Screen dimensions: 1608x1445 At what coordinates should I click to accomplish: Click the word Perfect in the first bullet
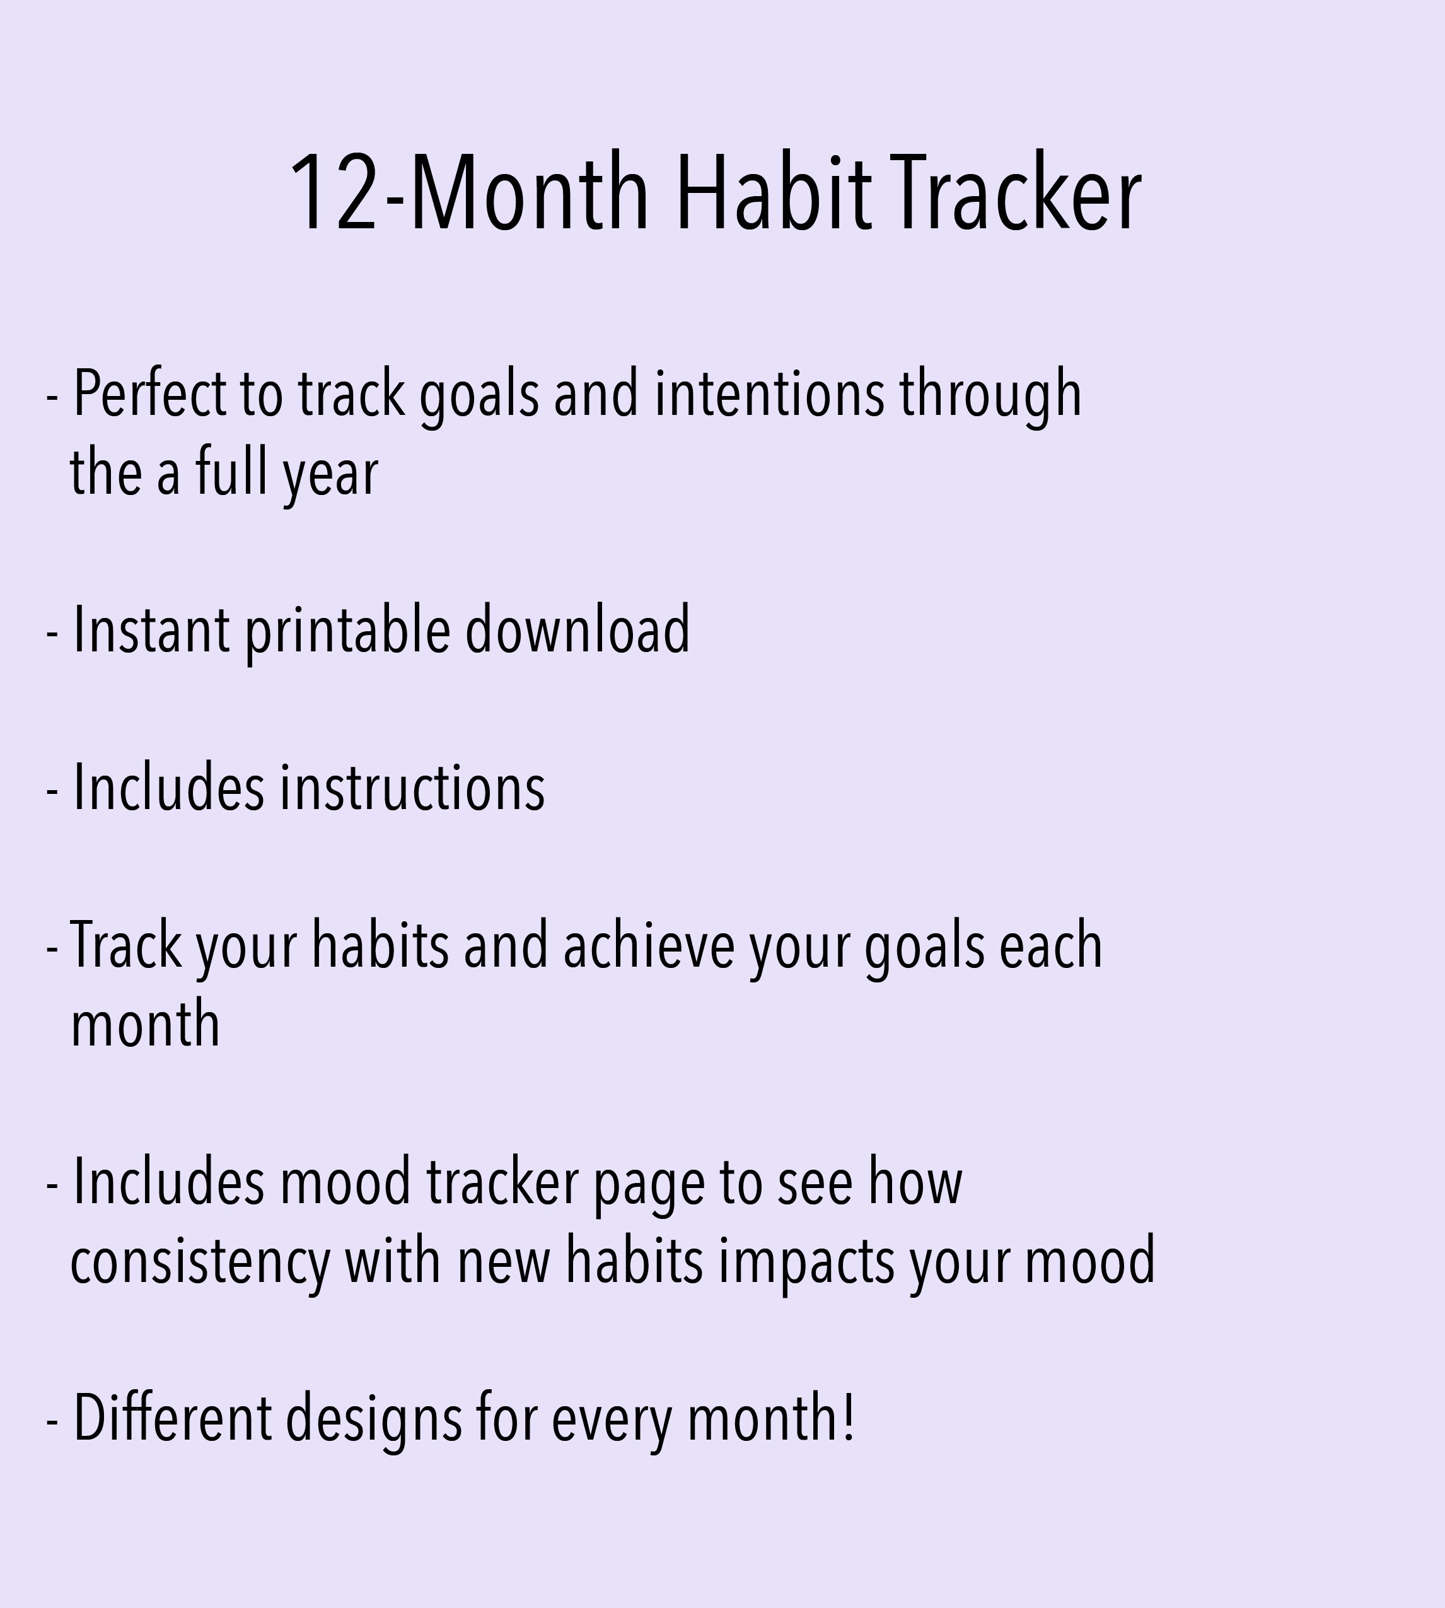[x=149, y=395]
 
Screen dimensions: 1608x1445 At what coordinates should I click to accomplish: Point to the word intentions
[x=769, y=395]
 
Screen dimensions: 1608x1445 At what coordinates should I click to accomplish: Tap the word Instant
[x=151, y=631]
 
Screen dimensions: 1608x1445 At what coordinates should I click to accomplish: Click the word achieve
[x=649, y=947]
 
